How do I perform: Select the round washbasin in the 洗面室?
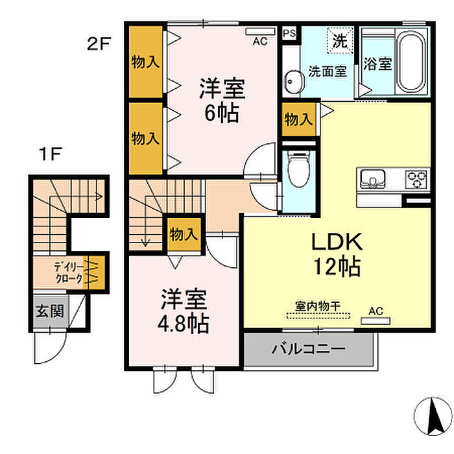click(x=293, y=82)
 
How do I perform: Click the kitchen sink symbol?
click(x=373, y=179)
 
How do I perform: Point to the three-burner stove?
click(x=416, y=179)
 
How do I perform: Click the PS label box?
click(x=289, y=33)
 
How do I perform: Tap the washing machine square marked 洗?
click(x=340, y=40)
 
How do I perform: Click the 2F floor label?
click(x=99, y=44)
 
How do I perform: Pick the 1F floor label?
click(x=51, y=154)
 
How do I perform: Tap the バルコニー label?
click(x=308, y=349)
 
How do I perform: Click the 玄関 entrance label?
click(x=49, y=311)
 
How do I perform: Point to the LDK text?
click(x=337, y=242)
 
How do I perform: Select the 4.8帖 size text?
click(x=183, y=324)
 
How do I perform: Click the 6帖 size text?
click(x=222, y=113)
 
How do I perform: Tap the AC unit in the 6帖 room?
click(x=260, y=31)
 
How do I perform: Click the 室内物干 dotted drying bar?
click(x=318, y=316)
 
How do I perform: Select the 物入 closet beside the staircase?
click(x=184, y=234)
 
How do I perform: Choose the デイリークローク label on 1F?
click(x=69, y=272)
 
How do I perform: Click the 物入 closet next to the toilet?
click(x=299, y=119)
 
